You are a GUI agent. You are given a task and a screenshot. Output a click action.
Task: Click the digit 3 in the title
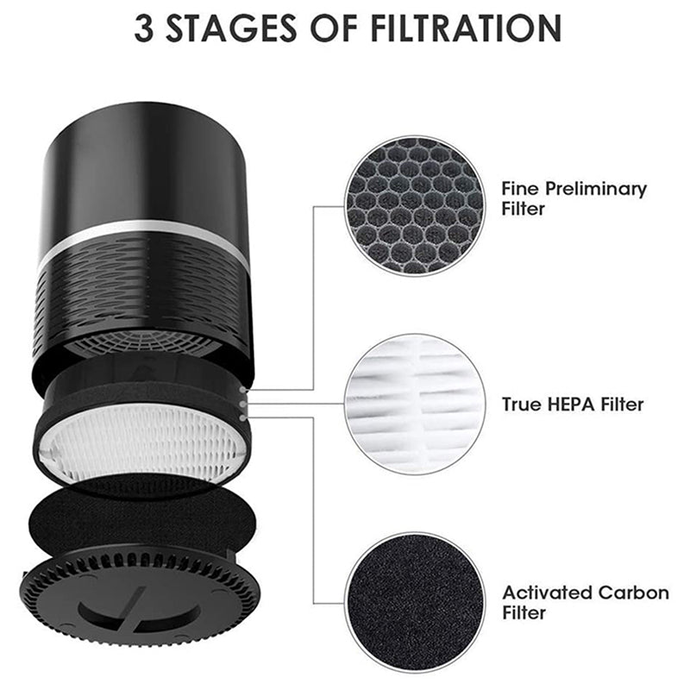(143, 28)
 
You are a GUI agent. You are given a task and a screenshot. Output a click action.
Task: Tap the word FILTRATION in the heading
(466, 28)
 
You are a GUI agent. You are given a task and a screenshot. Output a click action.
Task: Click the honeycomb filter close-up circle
(415, 205)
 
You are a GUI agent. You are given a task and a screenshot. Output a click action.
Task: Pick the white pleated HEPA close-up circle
(415, 404)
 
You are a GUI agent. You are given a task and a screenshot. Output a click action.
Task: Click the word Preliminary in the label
(596, 189)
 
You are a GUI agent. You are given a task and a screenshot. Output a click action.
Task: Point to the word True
(523, 405)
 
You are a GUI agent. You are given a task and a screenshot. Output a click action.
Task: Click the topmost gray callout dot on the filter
(242, 391)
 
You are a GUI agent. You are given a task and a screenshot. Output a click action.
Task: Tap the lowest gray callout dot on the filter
(242, 417)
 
